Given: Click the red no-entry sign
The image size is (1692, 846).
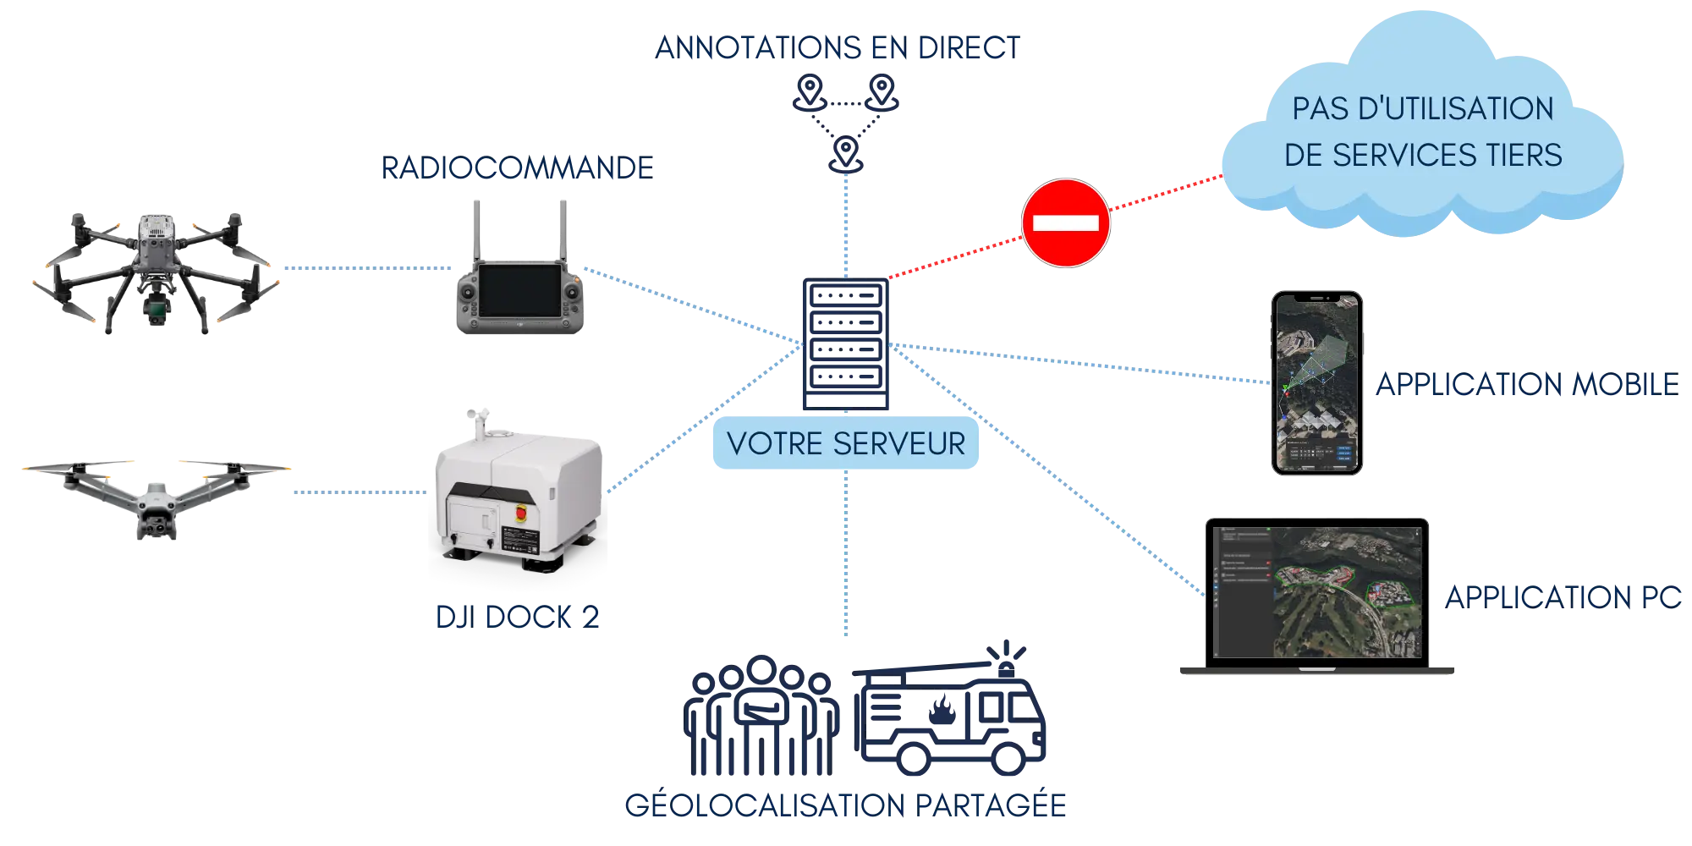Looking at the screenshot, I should pyautogui.click(x=1065, y=222).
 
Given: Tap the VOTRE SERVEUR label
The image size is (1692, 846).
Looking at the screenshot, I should pyautogui.click(x=846, y=444).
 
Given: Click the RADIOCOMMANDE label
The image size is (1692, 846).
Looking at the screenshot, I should pyautogui.click(x=517, y=168).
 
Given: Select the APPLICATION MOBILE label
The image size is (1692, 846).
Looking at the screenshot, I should pyautogui.click(x=1526, y=386).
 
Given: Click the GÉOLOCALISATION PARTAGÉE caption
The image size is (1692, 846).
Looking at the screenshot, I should pyautogui.click(x=846, y=805).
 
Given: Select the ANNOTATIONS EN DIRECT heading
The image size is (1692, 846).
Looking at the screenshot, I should pyautogui.click(x=838, y=48).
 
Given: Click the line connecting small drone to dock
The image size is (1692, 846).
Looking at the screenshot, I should pyautogui.click(x=360, y=491).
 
